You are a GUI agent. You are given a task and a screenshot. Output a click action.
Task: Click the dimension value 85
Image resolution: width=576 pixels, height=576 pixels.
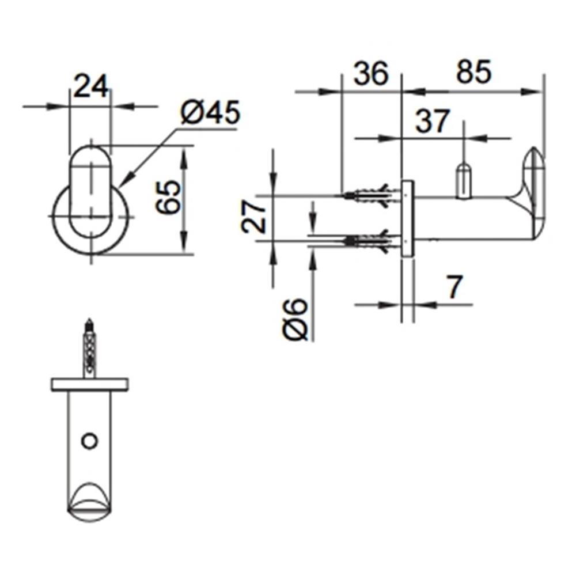click(473, 73)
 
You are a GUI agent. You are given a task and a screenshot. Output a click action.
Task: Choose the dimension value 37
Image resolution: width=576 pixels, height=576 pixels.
click(431, 122)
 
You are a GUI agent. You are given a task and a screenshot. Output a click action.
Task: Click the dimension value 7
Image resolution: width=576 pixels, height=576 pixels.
click(454, 287)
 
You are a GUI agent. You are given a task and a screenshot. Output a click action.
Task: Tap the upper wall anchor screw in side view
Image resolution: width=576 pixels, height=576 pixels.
click(369, 195)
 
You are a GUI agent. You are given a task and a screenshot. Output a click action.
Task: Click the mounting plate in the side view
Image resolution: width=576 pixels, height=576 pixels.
click(407, 218)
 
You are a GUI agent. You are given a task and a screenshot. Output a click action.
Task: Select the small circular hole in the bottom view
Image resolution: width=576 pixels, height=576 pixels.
click(89, 441)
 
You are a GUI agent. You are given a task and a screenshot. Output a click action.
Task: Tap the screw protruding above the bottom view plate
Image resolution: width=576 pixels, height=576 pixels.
click(89, 348)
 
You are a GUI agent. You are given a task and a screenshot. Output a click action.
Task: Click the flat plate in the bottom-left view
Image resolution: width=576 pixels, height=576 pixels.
click(89, 384)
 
